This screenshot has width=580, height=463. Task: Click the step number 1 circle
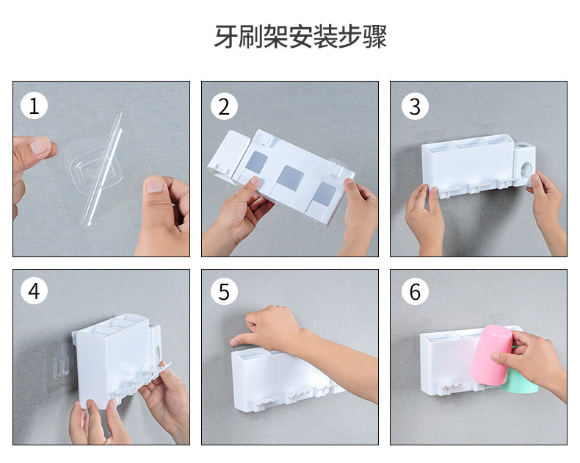(x=34, y=106)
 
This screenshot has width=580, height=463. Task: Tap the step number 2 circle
(x=224, y=107)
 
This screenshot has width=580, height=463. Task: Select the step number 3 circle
(x=415, y=107)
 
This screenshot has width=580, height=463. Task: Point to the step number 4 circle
(x=34, y=291)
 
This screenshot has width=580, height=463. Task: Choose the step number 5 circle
(x=224, y=292)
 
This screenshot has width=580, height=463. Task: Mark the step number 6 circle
(x=415, y=292)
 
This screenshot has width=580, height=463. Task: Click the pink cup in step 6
(x=491, y=355)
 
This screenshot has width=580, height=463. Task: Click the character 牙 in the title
(x=226, y=37)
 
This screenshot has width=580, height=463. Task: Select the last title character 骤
(x=374, y=37)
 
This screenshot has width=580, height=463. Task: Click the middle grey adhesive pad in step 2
(x=291, y=178)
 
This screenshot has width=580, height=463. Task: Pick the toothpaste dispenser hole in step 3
(x=526, y=170)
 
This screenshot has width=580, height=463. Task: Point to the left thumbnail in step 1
(x=40, y=146)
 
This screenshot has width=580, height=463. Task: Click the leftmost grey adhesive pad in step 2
(x=256, y=162)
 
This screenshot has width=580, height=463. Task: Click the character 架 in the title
(x=275, y=37)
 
